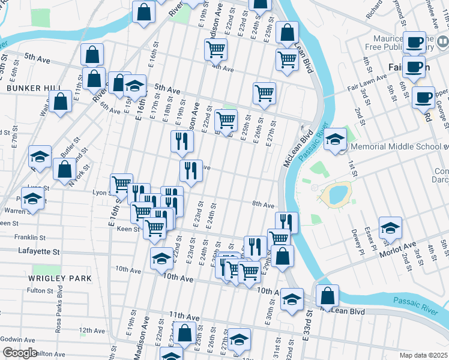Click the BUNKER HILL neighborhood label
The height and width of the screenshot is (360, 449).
[x=34, y=88]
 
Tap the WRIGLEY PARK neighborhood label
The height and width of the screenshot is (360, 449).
[x=59, y=278]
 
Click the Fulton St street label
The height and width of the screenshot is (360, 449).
[x=41, y=290]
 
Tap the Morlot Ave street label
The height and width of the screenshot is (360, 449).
[x=397, y=248]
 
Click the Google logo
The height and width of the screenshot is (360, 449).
[x=20, y=353]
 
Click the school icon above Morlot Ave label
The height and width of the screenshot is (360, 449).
[x=390, y=227]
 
